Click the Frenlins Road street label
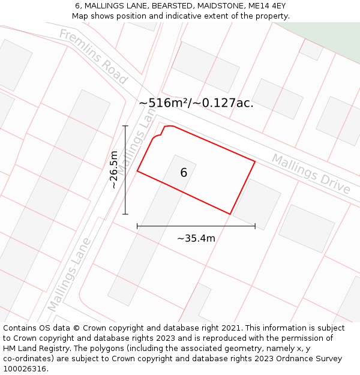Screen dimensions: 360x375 coord(93,56)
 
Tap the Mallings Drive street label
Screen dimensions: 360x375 coord(311,174)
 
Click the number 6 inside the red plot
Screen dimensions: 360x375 coord(184,173)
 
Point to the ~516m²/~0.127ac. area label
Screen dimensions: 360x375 coord(196,103)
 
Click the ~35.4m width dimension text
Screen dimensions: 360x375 coord(196,238)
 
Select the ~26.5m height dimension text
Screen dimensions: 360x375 coord(114,170)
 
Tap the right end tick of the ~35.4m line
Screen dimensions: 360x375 coord(255,226)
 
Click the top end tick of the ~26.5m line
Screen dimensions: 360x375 coord(125,126)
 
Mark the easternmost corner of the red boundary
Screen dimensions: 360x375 coord(255,161)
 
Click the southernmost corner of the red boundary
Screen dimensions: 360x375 coord(230,214)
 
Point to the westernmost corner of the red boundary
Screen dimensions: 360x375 coord(137,171)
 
